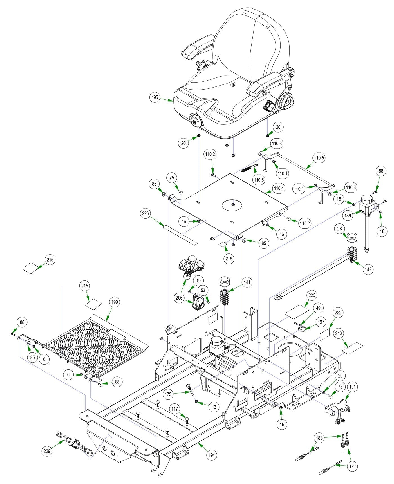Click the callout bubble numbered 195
point(155,98)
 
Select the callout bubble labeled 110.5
point(319,158)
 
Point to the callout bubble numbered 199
point(115,302)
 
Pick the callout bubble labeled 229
point(47,451)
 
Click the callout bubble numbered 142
point(368,269)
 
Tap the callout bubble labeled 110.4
point(279,188)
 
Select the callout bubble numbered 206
point(179,298)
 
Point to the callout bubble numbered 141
point(247,282)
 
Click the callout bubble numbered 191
point(352,387)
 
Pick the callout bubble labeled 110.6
point(259,180)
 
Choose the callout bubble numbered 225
point(312,295)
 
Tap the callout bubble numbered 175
point(168,394)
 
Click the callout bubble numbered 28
point(340,228)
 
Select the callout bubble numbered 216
point(229,258)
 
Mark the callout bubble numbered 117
point(175,409)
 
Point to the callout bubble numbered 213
point(339,333)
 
